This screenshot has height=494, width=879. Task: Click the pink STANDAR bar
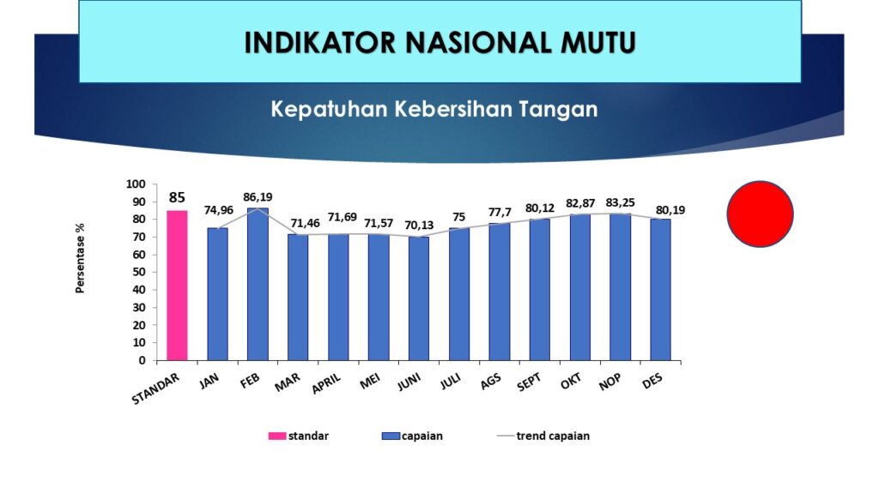[x=177, y=286]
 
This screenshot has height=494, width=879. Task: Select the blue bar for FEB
[x=258, y=285]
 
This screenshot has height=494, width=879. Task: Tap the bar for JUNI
[x=419, y=298]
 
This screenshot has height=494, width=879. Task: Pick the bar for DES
[x=660, y=290]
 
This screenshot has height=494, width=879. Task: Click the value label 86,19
[x=258, y=197]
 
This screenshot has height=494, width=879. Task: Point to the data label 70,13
[x=419, y=226]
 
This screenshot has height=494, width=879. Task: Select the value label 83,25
[x=620, y=202]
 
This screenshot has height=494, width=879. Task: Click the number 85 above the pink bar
[x=177, y=198]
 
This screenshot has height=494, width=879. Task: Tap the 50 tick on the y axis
[x=139, y=272]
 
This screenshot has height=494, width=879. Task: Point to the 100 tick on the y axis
[x=136, y=184]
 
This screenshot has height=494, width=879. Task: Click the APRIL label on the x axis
[x=326, y=383]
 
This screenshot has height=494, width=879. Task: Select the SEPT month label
[x=529, y=382]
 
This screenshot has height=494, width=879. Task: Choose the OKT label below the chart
[x=571, y=382]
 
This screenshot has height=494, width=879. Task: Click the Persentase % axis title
[x=80, y=258]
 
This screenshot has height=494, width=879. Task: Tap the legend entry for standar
[x=298, y=436]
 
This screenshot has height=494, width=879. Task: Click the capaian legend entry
[x=412, y=436]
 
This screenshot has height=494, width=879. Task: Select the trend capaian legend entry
[x=543, y=436]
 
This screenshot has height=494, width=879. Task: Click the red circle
[x=761, y=214]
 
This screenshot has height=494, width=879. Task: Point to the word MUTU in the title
[x=598, y=43]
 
